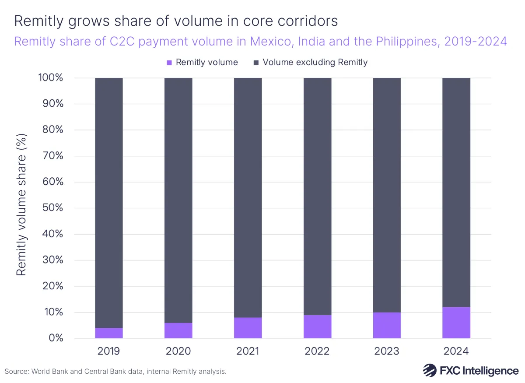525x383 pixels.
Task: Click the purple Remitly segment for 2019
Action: (x=109, y=333)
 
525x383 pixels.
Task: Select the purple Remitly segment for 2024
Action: (x=456, y=323)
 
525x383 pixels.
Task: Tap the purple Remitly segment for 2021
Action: (x=248, y=328)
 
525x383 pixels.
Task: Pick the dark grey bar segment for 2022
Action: (x=318, y=197)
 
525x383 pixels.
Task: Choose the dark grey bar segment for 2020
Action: (x=178, y=200)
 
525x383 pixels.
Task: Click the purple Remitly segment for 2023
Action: (x=387, y=325)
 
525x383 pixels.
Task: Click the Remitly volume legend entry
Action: (x=202, y=62)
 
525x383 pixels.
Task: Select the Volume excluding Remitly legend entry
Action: (x=311, y=62)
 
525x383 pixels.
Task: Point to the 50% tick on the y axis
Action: (x=51, y=208)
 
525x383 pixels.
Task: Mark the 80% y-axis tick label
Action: (x=51, y=130)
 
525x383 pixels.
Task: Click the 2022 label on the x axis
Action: (x=317, y=351)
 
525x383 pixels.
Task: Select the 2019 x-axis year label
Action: (x=109, y=351)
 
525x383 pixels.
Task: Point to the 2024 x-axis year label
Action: (x=456, y=351)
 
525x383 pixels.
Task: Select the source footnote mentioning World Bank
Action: (x=115, y=372)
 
